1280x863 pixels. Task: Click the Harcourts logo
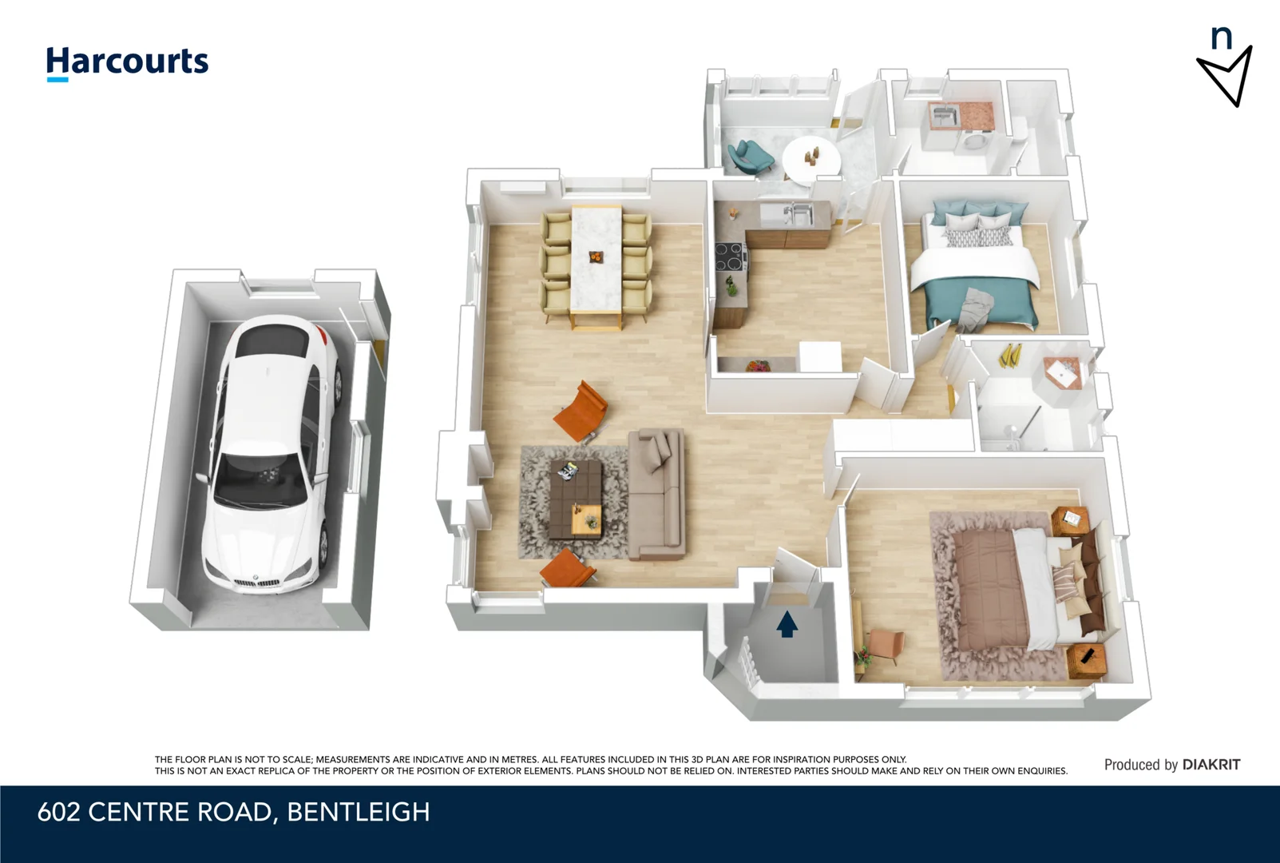[127, 62]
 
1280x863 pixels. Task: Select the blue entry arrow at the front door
[787, 624]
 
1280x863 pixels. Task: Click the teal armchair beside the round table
[750, 156]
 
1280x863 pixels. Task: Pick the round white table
[810, 157]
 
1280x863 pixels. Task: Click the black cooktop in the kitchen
[730, 257]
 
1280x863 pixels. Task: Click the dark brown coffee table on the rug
[576, 499]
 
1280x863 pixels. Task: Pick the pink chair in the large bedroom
[886, 643]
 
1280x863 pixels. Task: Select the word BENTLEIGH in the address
[359, 812]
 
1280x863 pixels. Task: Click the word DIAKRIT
[1211, 765]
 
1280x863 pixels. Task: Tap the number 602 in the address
[59, 812]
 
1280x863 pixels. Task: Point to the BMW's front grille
[257, 583]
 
